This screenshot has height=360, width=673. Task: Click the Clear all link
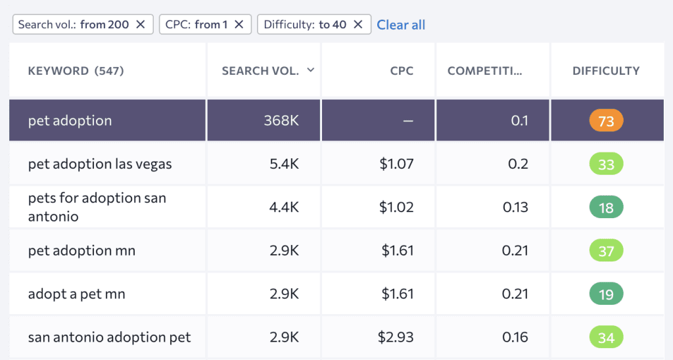pos(401,25)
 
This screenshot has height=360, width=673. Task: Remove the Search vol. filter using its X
pos(140,24)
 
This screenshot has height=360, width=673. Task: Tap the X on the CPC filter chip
pos(239,24)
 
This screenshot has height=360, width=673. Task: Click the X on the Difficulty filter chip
pos(358,24)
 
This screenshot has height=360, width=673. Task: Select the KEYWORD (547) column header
pos(76,71)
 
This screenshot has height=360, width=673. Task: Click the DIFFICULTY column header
pos(605,71)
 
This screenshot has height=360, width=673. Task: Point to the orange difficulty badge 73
pos(605,121)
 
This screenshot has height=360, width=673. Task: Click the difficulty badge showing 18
pos(605,208)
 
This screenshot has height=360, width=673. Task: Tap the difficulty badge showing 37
pos(605,251)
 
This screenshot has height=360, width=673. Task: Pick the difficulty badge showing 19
pos(605,294)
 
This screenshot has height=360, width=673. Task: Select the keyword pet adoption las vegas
pos(100,164)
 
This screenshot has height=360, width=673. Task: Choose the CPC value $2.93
pos(396,338)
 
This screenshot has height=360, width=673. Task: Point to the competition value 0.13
pos(515,208)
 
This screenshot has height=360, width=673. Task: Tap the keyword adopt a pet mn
pos(76,294)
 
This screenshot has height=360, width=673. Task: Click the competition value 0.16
pos(515,338)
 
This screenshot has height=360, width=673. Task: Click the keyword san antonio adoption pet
pos(109,338)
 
